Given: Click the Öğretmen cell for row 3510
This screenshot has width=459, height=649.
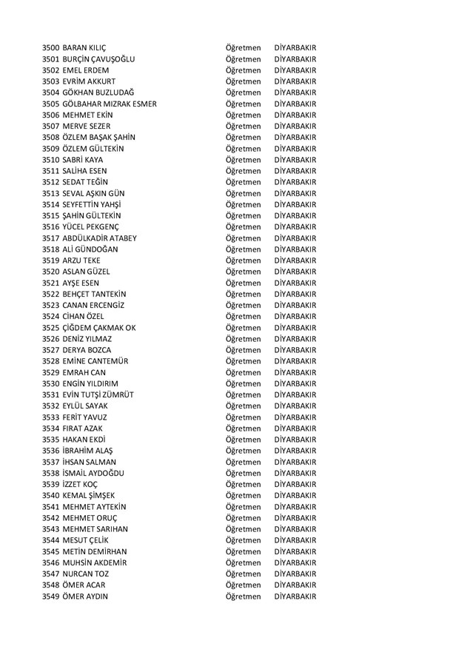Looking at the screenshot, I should (244, 160).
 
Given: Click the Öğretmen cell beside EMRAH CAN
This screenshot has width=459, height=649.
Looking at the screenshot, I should (244, 372).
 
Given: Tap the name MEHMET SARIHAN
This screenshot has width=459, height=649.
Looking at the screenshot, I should (96, 529).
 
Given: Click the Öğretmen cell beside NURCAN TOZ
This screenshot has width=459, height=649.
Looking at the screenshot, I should (244, 574).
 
